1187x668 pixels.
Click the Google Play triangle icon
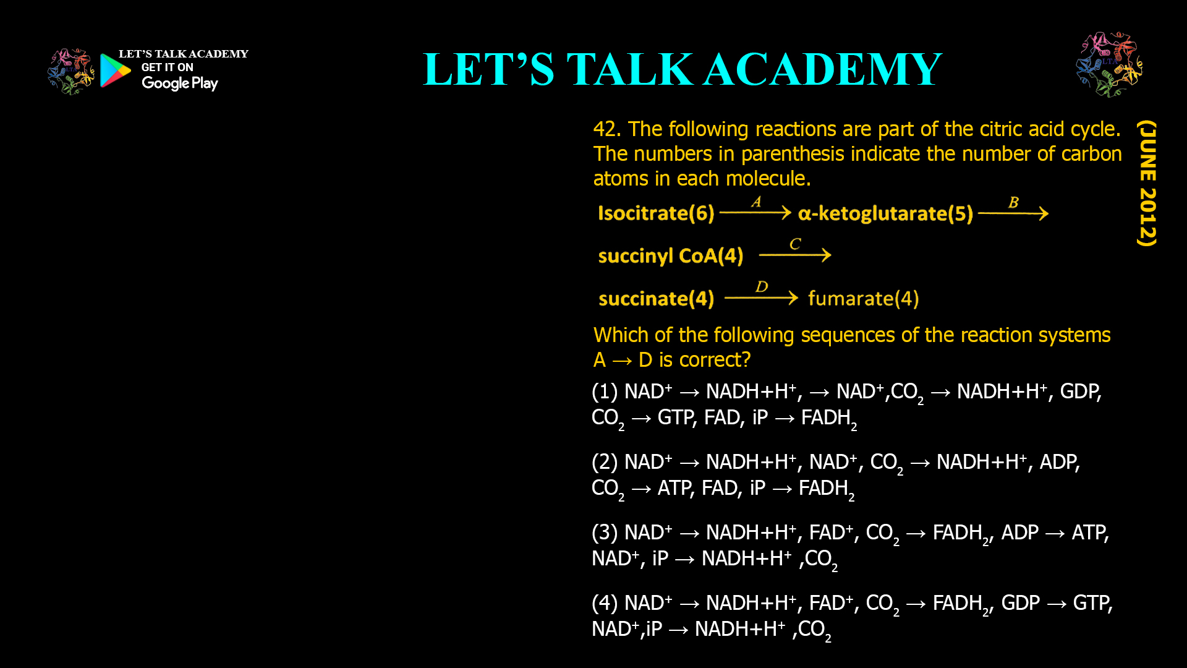115,71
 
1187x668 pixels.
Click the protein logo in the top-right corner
1109,64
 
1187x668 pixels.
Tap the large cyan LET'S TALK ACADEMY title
682,69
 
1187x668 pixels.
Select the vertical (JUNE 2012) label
1147,183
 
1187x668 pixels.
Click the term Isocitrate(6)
656,213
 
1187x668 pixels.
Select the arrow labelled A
755,213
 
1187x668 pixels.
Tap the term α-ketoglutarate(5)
885,213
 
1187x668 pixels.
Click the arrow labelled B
1013,213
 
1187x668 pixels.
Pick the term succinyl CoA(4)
671,255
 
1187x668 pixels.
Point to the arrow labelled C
795,254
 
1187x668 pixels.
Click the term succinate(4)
656,299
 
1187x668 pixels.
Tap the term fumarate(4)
863,299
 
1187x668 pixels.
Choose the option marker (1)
604,392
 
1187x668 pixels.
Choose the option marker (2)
604,462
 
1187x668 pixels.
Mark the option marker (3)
604,533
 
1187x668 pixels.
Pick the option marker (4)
604,603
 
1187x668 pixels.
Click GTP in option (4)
1092,603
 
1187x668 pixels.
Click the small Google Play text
179,83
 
